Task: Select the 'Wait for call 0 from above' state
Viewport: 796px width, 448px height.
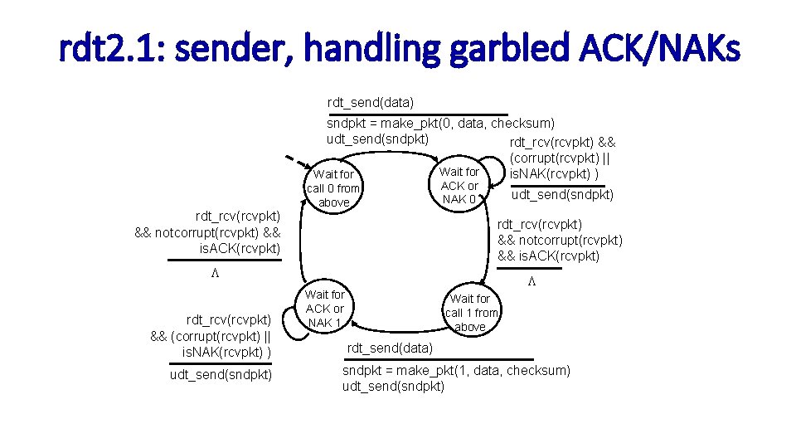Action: (x=333, y=188)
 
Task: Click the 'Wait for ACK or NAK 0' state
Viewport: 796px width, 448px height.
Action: (x=459, y=186)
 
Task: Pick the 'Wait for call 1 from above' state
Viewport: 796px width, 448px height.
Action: (x=471, y=313)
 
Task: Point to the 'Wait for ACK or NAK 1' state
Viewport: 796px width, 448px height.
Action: (x=325, y=309)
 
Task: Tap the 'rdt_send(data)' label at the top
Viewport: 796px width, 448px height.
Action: (x=371, y=103)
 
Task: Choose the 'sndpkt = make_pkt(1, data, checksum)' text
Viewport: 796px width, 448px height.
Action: (x=456, y=370)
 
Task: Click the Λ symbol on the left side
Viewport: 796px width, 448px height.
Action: (x=213, y=273)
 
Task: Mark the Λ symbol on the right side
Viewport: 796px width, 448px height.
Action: (x=532, y=281)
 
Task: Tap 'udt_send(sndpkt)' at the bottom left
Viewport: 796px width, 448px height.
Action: (x=221, y=375)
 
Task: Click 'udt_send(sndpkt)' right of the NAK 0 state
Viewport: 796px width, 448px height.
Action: (x=562, y=195)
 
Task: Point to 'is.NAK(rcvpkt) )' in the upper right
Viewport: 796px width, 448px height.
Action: (x=560, y=174)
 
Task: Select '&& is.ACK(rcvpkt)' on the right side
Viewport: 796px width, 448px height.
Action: (x=548, y=256)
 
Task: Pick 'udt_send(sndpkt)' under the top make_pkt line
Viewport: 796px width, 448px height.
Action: (x=377, y=139)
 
